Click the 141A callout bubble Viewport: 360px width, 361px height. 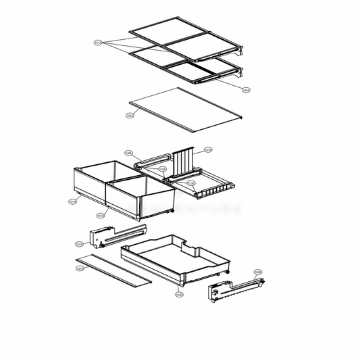point(98,43)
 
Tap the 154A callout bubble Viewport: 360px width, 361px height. point(130,116)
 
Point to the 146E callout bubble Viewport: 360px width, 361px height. point(128,153)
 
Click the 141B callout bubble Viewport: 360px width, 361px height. point(208,149)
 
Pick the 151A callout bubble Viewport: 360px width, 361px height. point(72,201)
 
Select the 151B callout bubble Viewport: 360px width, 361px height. point(100,216)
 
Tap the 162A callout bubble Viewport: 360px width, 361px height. point(79,244)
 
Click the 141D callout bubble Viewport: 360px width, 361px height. point(80,268)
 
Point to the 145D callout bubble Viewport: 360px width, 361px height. point(178,295)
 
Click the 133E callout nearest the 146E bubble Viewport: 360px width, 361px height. point(162,169)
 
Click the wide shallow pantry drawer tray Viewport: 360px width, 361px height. point(179,260)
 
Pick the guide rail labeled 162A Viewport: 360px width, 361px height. point(115,235)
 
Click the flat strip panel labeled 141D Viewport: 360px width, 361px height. point(113,270)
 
